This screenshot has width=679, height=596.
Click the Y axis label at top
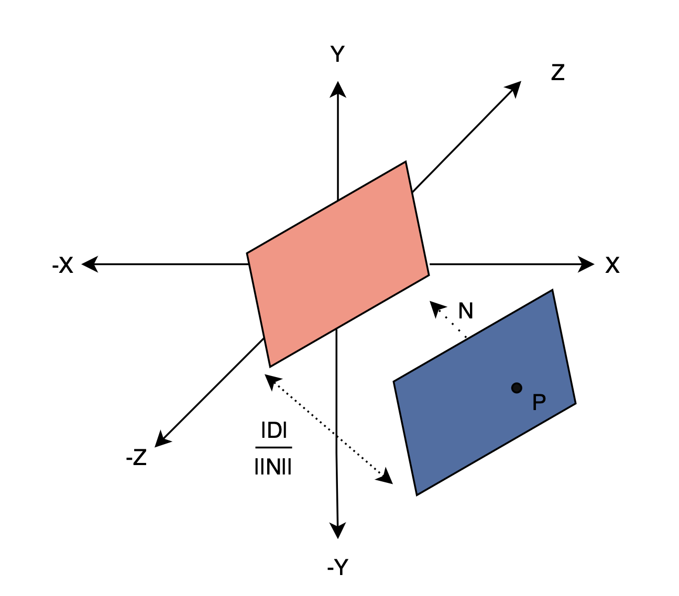(x=337, y=54)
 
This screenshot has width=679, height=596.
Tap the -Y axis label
(x=337, y=567)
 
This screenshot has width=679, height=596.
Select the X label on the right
(x=612, y=266)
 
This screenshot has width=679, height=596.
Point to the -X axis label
(x=62, y=266)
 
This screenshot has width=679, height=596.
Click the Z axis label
(x=557, y=72)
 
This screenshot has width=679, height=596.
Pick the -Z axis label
(x=136, y=458)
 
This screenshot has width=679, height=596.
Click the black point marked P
(x=517, y=388)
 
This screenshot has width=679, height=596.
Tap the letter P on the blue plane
(x=539, y=402)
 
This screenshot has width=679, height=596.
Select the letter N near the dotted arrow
(x=465, y=311)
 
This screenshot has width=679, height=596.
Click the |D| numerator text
(x=273, y=431)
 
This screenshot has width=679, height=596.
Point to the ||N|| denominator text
(x=272, y=466)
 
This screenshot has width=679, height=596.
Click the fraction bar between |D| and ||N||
(x=273, y=448)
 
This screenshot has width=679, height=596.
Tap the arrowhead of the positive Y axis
(x=338, y=89)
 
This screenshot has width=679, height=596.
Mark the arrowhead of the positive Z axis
(x=514, y=88)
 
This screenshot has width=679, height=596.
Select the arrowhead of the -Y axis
(x=338, y=531)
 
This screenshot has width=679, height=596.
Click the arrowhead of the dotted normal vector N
(x=436, y=308)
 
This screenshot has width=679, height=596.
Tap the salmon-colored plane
(x=338, y=264)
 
